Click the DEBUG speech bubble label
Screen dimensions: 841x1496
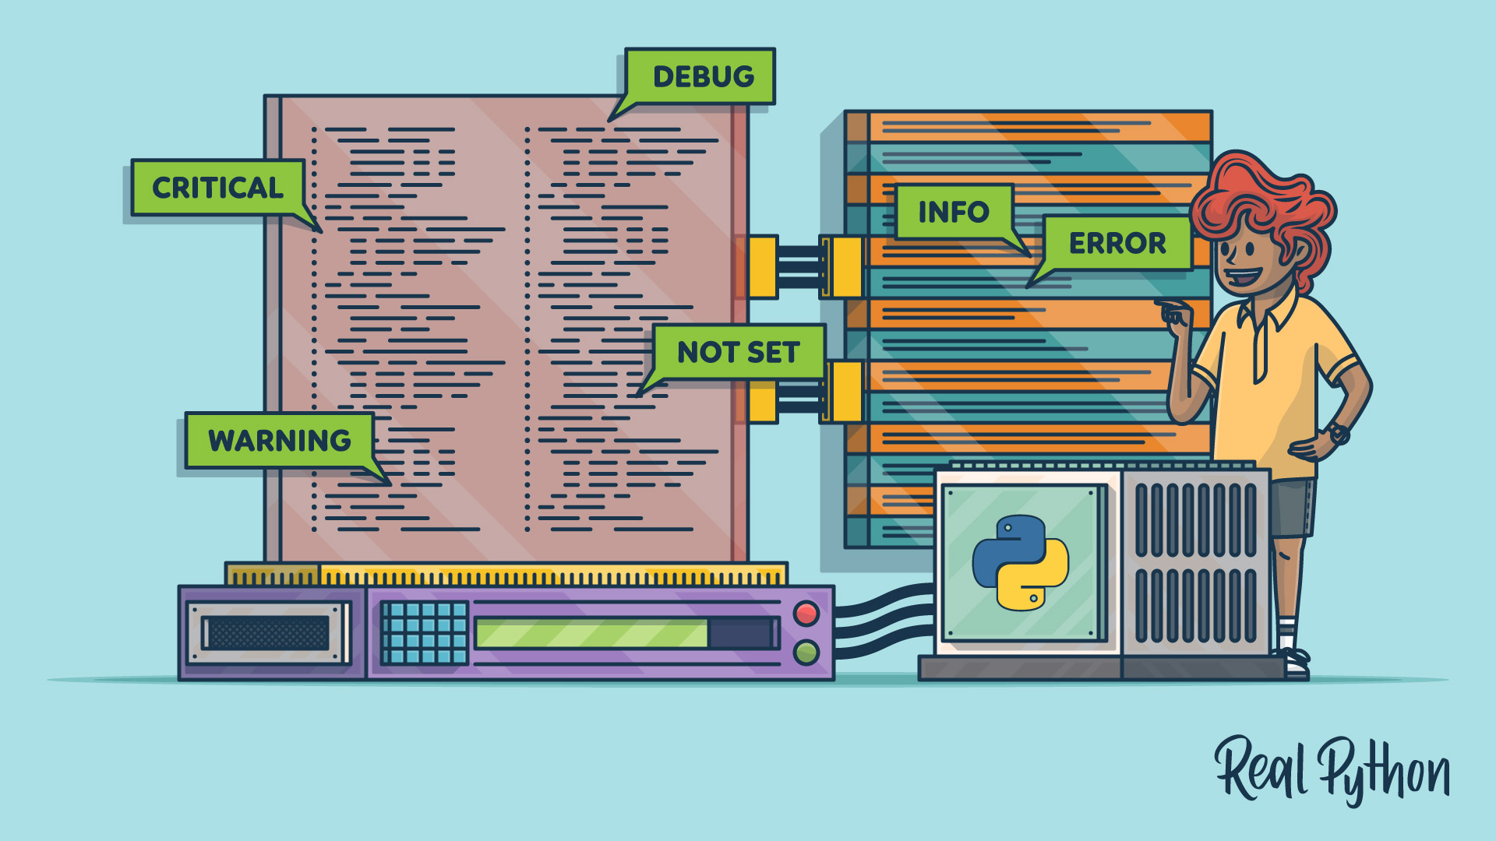click(x=701, y=76)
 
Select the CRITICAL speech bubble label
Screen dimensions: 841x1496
click(x=217, y=188)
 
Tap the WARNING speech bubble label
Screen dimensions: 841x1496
click(x=280, y=441)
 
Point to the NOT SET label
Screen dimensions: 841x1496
click(x=739, y=352)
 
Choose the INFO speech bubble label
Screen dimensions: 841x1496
click(x=954, y=212)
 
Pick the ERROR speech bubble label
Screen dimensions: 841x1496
click(x=1117, y=244)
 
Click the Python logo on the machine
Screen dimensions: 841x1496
click(x=1021, y=562)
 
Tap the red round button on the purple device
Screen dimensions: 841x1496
click(x=806, y=614)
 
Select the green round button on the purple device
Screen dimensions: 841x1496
click(x=806, y=651)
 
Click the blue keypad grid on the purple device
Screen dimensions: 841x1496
click(x=425, y=632)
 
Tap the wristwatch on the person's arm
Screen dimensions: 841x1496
click(x=1339, y=433)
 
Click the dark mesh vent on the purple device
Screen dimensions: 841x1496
click(x=268, y=633)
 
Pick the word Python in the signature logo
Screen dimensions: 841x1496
click(x=1383, y=771)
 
